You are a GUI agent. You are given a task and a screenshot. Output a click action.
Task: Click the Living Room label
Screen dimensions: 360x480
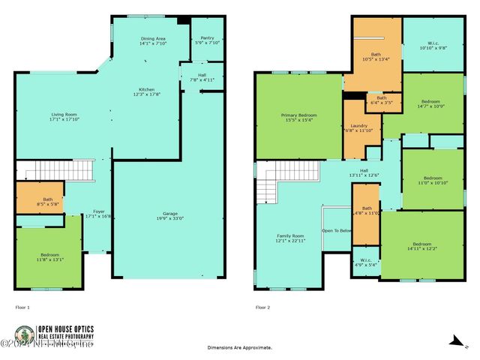pos(53,114)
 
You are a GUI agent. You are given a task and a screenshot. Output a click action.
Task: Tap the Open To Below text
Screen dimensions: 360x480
pos(337,231)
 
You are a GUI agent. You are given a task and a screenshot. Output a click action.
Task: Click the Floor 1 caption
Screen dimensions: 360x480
pos(22,307)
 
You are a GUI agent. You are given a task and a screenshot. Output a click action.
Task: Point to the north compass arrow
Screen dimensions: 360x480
pos(454,341)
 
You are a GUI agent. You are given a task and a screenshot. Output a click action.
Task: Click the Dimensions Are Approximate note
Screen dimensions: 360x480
pos(239,347)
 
